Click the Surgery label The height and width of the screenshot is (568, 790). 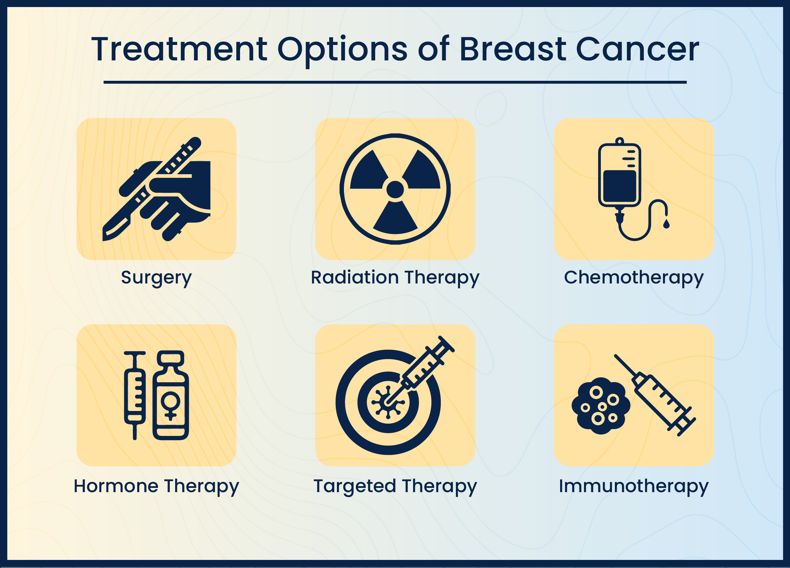(156, 278)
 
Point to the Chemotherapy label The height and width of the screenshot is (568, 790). (633, 278)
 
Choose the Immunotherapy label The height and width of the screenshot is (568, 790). (633, 487)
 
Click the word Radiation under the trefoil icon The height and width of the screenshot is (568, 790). (354, 277)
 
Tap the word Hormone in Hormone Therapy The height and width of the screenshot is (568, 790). (116, 487)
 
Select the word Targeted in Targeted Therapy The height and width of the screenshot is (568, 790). (354, 487)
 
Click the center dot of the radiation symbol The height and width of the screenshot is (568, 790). (395, 189)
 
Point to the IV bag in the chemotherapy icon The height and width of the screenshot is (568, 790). (619, 176)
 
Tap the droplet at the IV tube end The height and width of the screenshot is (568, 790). (666, 224)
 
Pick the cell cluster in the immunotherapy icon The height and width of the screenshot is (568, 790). (600, 406)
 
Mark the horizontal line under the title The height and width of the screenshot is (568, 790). (395, 82)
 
